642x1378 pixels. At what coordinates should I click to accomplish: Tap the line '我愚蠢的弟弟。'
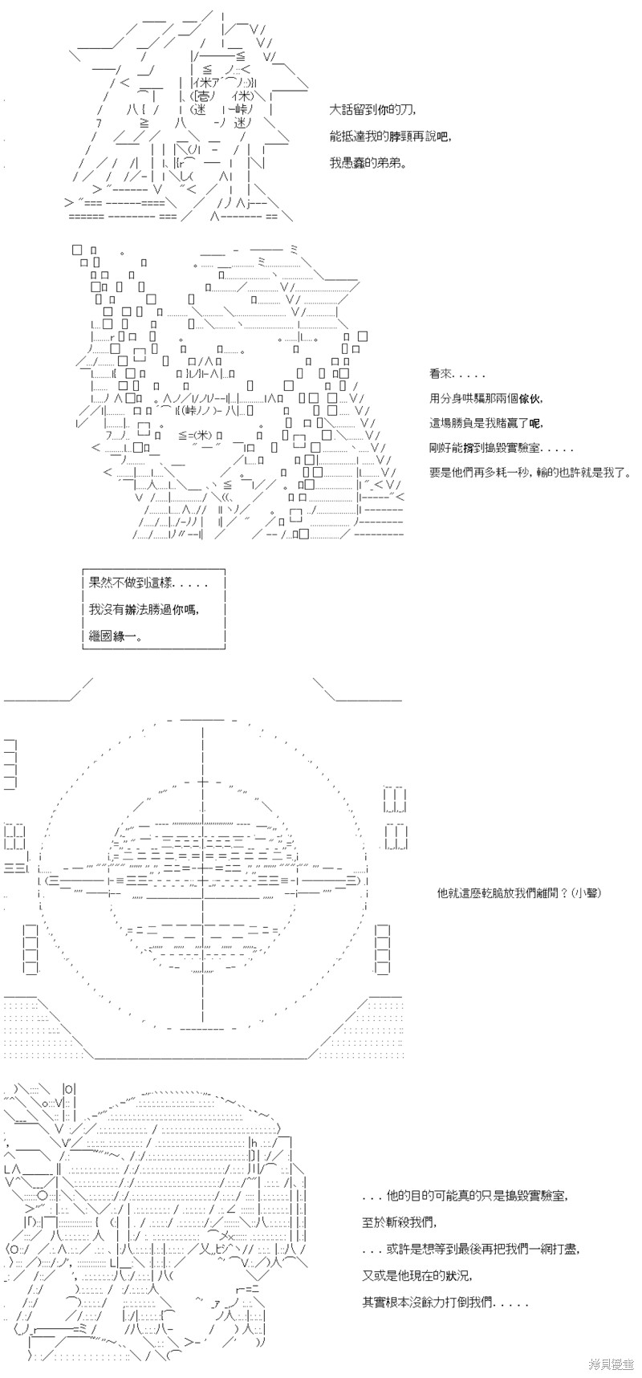368,162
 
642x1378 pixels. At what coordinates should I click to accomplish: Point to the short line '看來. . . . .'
457,374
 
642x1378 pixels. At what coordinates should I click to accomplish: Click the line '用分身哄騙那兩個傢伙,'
486,398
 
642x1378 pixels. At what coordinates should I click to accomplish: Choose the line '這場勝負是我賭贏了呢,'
486,423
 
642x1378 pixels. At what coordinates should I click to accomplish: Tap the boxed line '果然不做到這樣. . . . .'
138,584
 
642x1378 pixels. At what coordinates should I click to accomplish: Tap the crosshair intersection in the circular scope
201,883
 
